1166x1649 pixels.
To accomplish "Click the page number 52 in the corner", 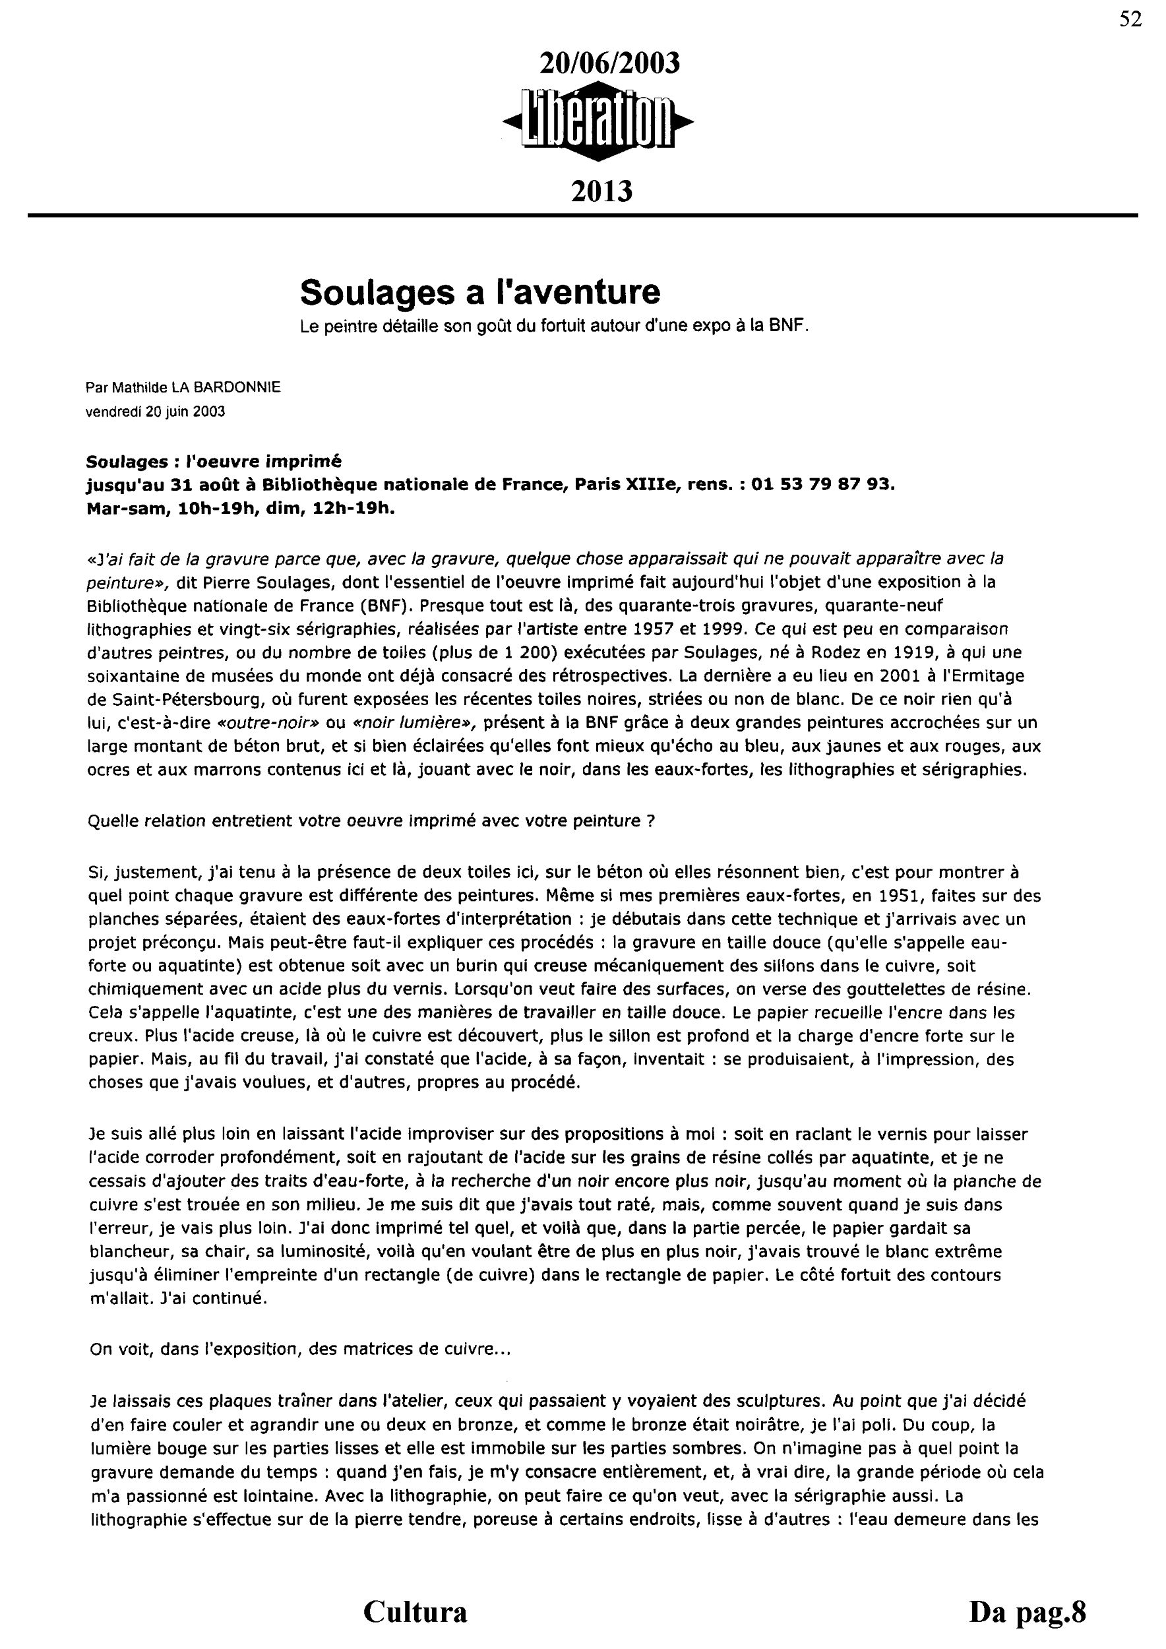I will [x=1130, y=19].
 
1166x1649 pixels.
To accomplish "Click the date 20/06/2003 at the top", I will [x=609, y=64].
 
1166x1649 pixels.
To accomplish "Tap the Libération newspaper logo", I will [x=598, y=124].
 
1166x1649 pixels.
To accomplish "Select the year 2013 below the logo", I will [x=601, y=192].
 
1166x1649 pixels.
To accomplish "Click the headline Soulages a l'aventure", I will [x=479, y=292].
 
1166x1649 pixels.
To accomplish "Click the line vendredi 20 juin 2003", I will [x=155, y=412].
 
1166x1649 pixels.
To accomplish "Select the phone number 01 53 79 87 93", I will [x=823, y=484].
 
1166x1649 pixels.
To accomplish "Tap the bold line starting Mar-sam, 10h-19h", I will [x=241, y=509].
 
